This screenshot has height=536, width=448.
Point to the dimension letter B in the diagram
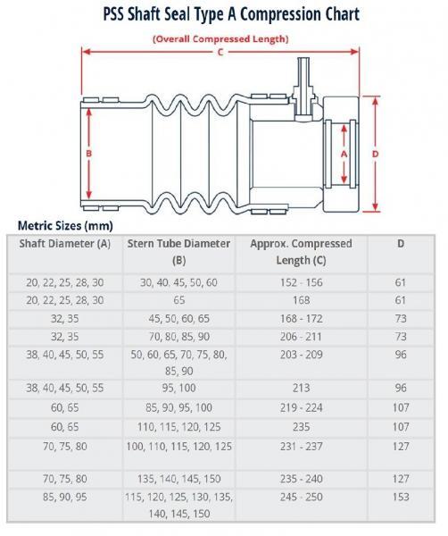click(88, 153)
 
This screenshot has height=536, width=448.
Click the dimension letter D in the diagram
click(375, 153)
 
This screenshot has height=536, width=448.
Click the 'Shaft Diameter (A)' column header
click(61, 244)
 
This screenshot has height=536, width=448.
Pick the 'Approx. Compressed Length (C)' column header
click(301, 251)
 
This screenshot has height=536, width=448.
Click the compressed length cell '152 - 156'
click(301, 281)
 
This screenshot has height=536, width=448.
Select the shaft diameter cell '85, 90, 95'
click(61, 498)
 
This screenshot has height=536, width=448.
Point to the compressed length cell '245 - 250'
click(301, 498)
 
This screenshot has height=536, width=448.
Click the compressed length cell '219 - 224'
click(301, 408)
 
